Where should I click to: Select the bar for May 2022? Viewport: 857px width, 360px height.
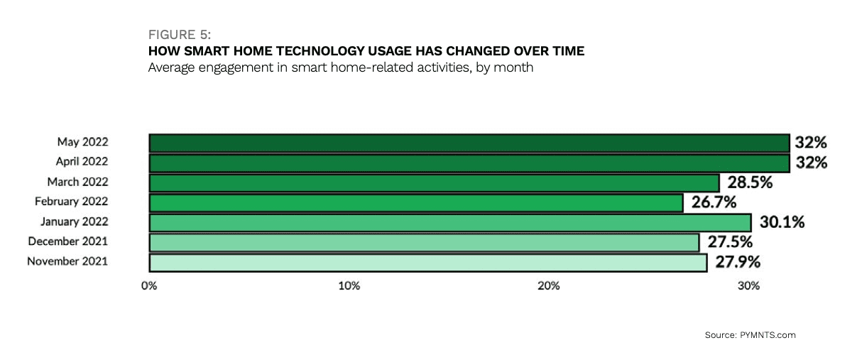(469, 143)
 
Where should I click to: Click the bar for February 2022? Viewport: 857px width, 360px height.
(415, 203)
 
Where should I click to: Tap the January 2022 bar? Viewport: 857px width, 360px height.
(449, 223)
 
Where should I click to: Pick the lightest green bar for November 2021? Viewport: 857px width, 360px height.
(427, 263)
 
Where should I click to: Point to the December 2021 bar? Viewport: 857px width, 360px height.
(424, 243)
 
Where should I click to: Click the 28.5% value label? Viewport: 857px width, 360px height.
(749, 182)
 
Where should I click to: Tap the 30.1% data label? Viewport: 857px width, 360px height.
(781, 223)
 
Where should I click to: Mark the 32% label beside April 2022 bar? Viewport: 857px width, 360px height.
(812, 163)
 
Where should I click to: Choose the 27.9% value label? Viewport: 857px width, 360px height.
(737, 263)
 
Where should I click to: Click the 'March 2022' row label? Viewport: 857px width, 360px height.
(77, 182)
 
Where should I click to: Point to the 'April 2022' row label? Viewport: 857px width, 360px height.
(82, 162)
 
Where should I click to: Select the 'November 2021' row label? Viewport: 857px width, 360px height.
(67, 261)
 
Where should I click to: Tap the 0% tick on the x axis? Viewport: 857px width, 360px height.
(149, 286)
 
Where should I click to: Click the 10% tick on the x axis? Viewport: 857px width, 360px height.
(349, 286)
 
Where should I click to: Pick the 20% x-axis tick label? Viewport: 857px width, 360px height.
(548, 286)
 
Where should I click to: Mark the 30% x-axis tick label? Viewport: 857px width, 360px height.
(748, 286)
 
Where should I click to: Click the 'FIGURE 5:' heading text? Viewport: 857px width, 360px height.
(178, 35)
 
